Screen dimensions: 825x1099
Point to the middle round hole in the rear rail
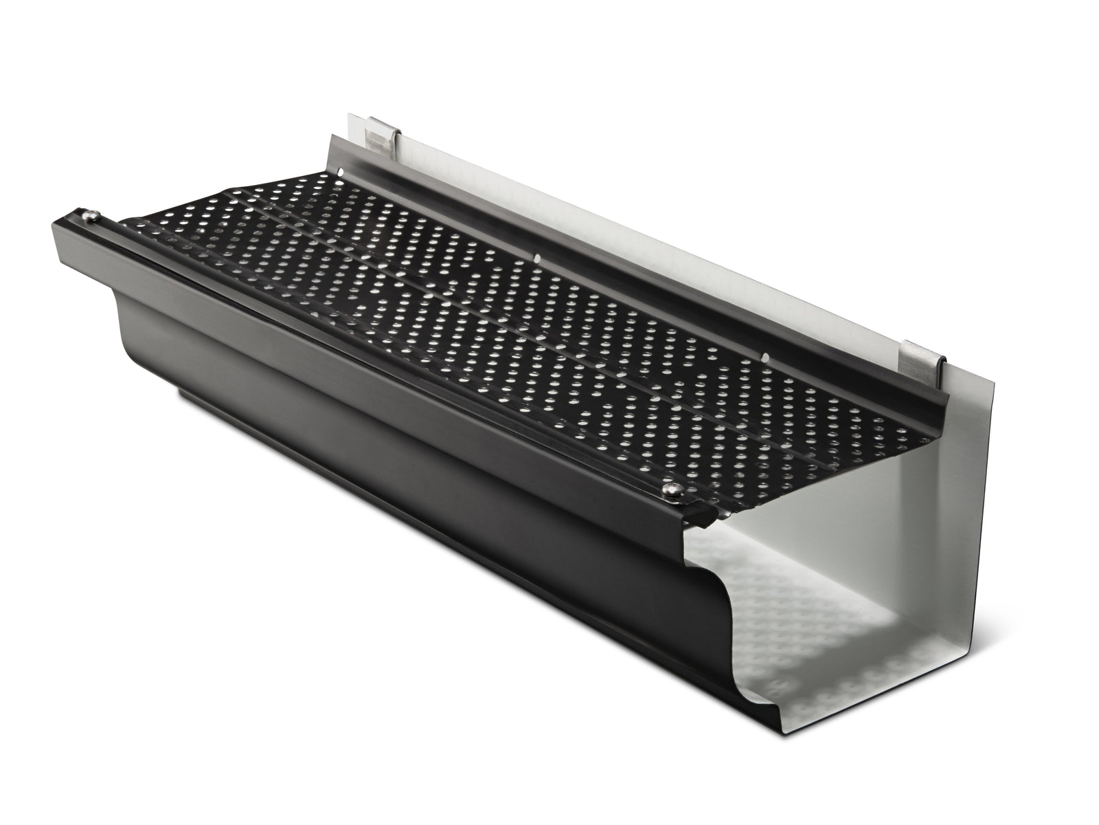[538, 259]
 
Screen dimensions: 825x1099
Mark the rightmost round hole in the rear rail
[764, 355]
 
